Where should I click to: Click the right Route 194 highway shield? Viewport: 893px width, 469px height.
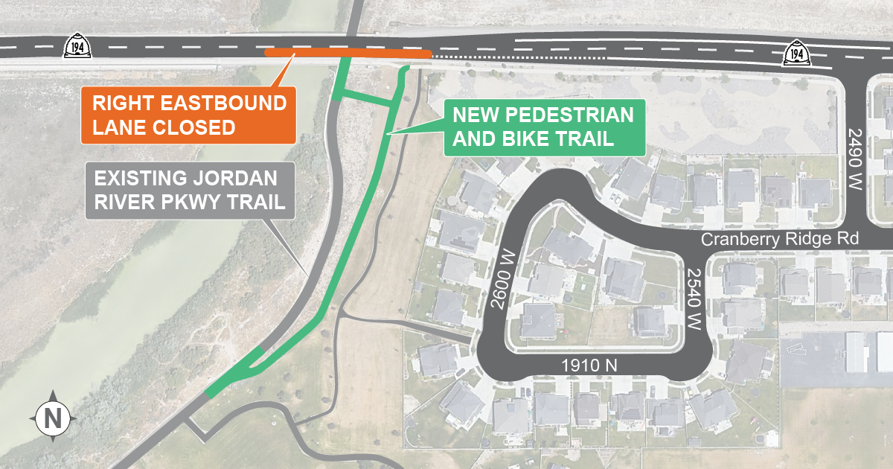pos(797,54)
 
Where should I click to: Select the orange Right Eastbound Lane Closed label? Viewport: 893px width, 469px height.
pos(188,115)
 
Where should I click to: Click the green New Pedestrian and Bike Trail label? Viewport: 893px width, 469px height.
pos(543,127)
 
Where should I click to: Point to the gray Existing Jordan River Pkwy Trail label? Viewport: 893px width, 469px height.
pos(189,190)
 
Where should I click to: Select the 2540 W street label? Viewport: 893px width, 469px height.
pos(694,299)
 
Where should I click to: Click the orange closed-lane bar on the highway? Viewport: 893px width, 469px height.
pos(348,54)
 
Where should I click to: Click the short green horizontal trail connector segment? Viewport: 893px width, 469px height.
pos(365,100)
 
